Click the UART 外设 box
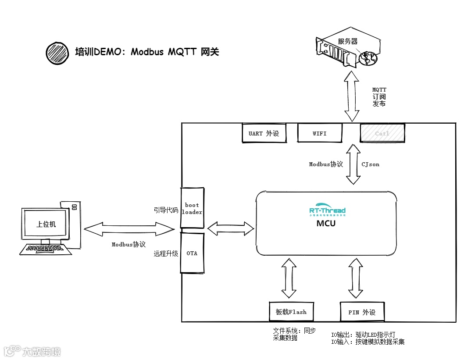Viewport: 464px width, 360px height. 264,133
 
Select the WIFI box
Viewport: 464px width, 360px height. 320,133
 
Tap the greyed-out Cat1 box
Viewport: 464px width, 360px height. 382,133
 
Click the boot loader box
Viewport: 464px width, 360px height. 192,208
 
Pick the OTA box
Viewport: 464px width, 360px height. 192,253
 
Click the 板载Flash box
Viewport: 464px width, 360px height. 291,312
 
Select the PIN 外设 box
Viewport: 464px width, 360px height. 362,312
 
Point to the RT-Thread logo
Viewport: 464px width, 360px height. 327,210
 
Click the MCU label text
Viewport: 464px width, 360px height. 326,223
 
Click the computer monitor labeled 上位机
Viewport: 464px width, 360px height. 46,224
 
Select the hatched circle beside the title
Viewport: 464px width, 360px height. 57,53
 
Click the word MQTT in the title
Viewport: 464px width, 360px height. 181,52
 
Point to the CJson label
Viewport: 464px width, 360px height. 370,164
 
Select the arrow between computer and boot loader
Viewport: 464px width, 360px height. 128,228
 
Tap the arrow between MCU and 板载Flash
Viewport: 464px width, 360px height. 289,278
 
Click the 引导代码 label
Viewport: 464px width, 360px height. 166,210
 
